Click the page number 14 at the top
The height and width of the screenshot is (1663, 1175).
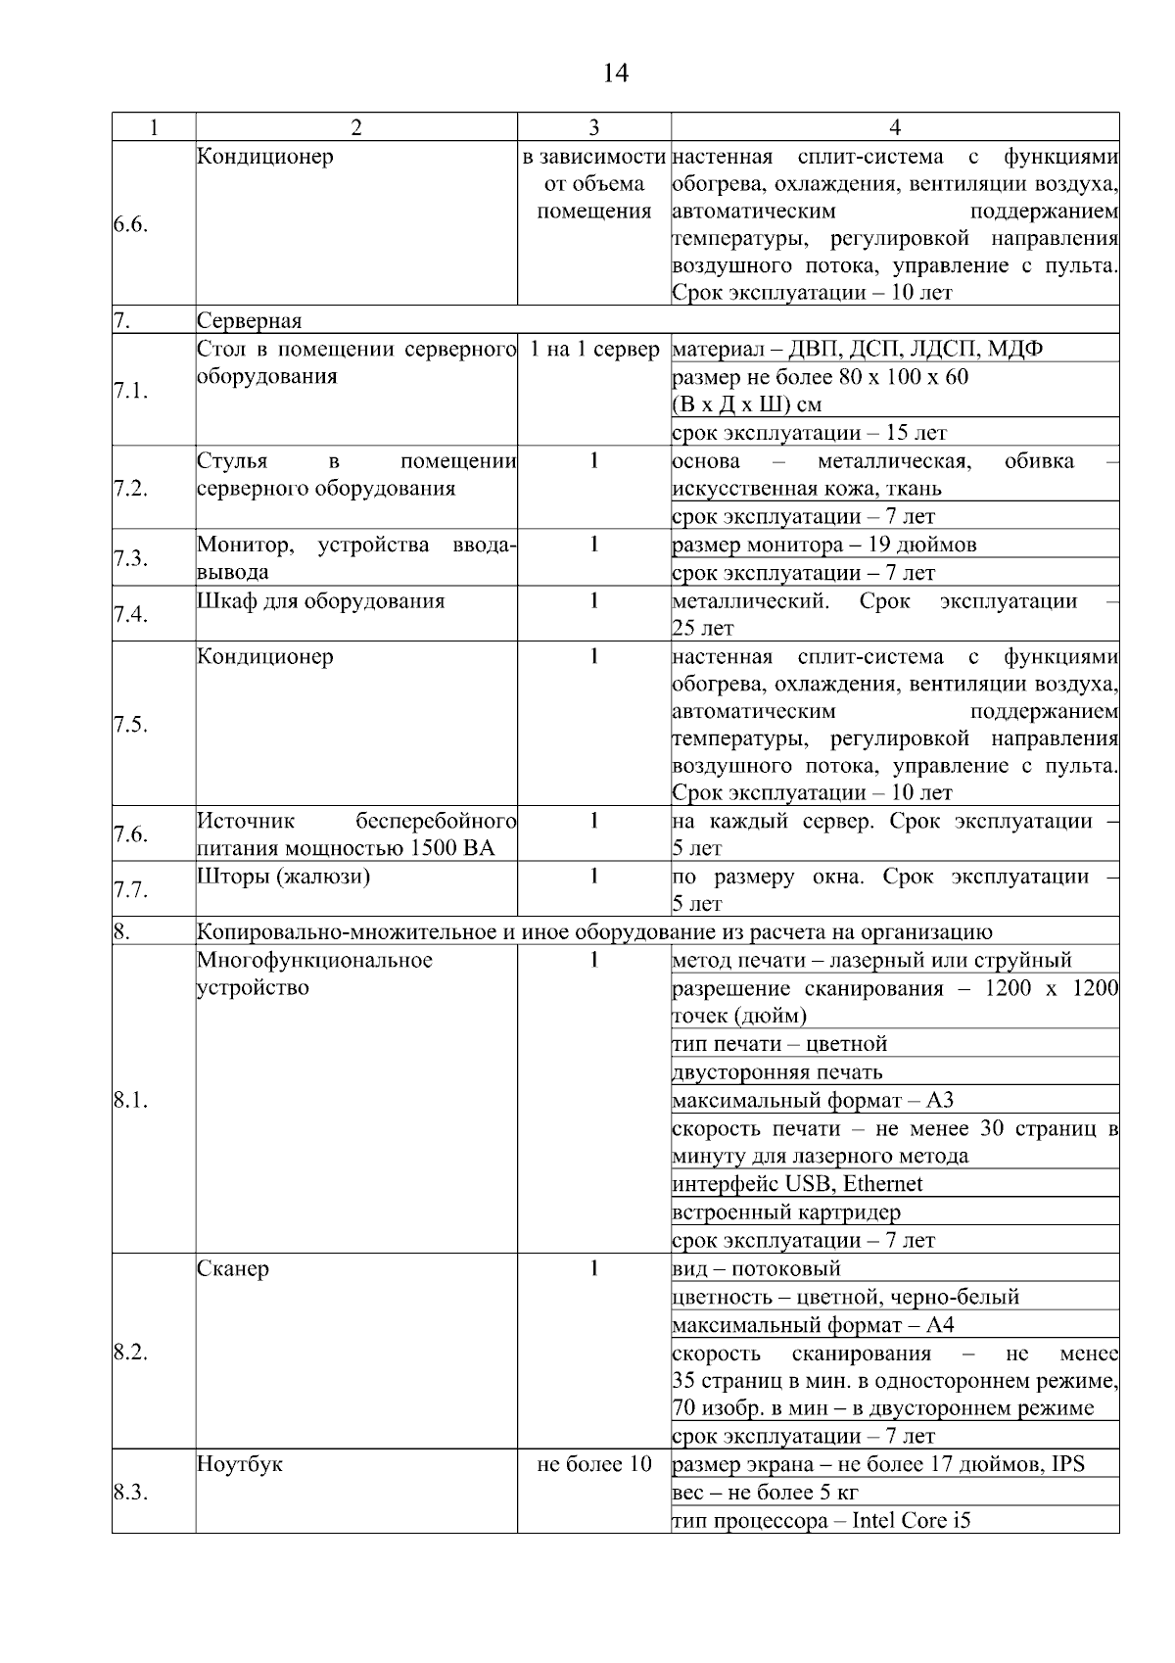tap(615, 73)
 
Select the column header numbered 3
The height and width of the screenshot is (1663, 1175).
tap(594, 127)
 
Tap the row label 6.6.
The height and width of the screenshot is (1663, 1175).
tap(130, 224)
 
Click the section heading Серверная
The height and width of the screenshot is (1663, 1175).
tap(249, 321)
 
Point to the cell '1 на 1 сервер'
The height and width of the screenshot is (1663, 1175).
tap(594, 350)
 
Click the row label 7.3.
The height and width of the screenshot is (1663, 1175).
tap(130, 558)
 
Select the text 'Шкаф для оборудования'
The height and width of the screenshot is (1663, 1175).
tap(320, 600)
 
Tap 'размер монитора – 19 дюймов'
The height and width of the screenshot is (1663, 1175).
tap(823, 545)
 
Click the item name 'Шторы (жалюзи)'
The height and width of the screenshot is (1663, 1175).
tap(283, 876)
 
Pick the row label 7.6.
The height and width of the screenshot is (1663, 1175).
tap(130, 834)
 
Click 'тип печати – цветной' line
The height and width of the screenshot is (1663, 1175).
tap(779, 1044)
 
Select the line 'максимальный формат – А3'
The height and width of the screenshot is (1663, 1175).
tap(812, 1100)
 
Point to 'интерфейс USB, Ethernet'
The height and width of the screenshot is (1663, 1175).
tap(797, 1184)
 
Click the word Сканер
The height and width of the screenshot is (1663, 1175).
tap(233, 1268)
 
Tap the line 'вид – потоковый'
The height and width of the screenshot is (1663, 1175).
tap(756, 1269)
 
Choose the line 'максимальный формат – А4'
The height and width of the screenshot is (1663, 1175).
tap(813, 1325)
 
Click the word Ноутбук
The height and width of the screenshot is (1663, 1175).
tap(240, 1464)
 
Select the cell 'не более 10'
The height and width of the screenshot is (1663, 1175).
tap(594, 1464)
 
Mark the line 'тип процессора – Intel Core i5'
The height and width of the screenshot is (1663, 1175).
tap(822, 1521)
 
